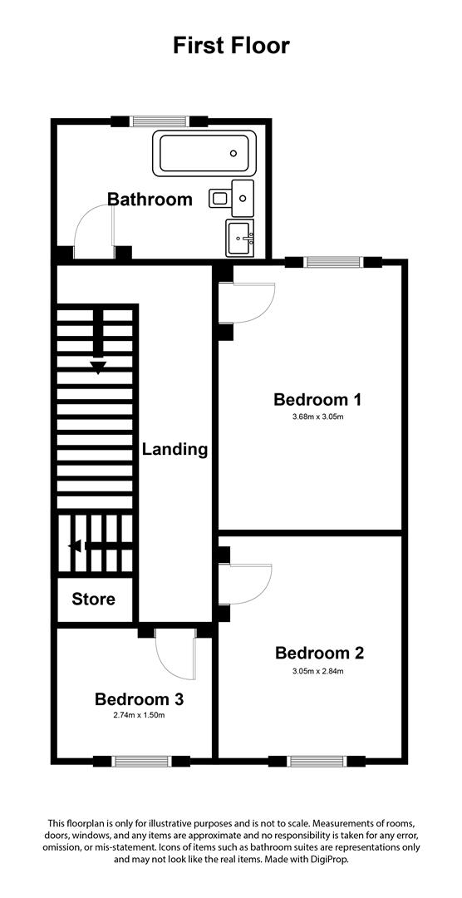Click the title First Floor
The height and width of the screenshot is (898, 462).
[231, 45]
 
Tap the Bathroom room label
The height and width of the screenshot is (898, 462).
[150, 200]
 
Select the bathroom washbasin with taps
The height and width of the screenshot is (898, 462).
[243, 239]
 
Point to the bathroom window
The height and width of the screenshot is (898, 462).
[159, 121]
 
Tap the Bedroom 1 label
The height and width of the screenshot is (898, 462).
[317, 400]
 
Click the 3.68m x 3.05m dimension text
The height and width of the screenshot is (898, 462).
[317, 417]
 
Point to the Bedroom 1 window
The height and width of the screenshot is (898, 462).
[333, 263]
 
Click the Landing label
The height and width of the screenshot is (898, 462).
[174, 450]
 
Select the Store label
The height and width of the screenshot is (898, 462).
[93, 599]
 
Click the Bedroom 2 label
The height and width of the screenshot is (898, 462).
[319, 653]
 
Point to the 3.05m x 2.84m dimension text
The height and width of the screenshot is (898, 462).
[319, 671]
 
